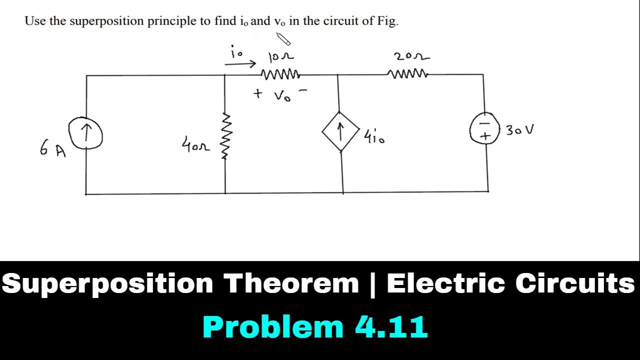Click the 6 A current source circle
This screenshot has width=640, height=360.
coord(85,117)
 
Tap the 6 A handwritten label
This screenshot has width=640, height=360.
coord(53,148)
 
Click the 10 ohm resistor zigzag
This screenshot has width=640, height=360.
coord(280,74)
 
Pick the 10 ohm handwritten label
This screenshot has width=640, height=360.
coord(281,56)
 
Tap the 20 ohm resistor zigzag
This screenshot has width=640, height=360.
coord(407,74)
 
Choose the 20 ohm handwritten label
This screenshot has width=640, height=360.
coord(411,56)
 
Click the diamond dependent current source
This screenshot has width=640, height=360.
coord(340,112)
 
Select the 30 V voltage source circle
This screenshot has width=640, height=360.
coord(485,113)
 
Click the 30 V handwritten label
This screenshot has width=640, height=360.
coord(519,130)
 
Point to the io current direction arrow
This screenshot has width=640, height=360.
coord(240,64)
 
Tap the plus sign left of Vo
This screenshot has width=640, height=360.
coord(257,93)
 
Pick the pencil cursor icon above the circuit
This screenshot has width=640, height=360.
coord(283,39)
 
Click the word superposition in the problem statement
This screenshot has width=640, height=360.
coord(107,21)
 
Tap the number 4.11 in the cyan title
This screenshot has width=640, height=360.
coord(391,327)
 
